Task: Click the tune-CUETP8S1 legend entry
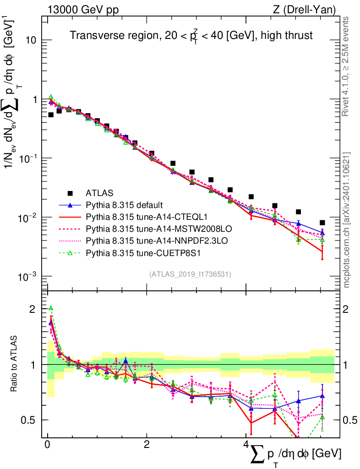coord(139,251)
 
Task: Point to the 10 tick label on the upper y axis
coord(31,40)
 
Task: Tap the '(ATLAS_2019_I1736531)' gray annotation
coord(190,274)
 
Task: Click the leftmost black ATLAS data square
coord(51,115)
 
